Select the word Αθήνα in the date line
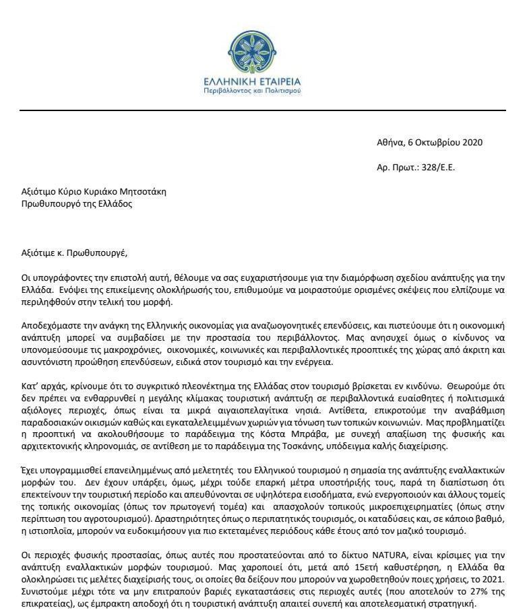coord(390,142)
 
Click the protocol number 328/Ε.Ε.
coord(437,167)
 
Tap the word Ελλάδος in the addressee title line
coord(115,203)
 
